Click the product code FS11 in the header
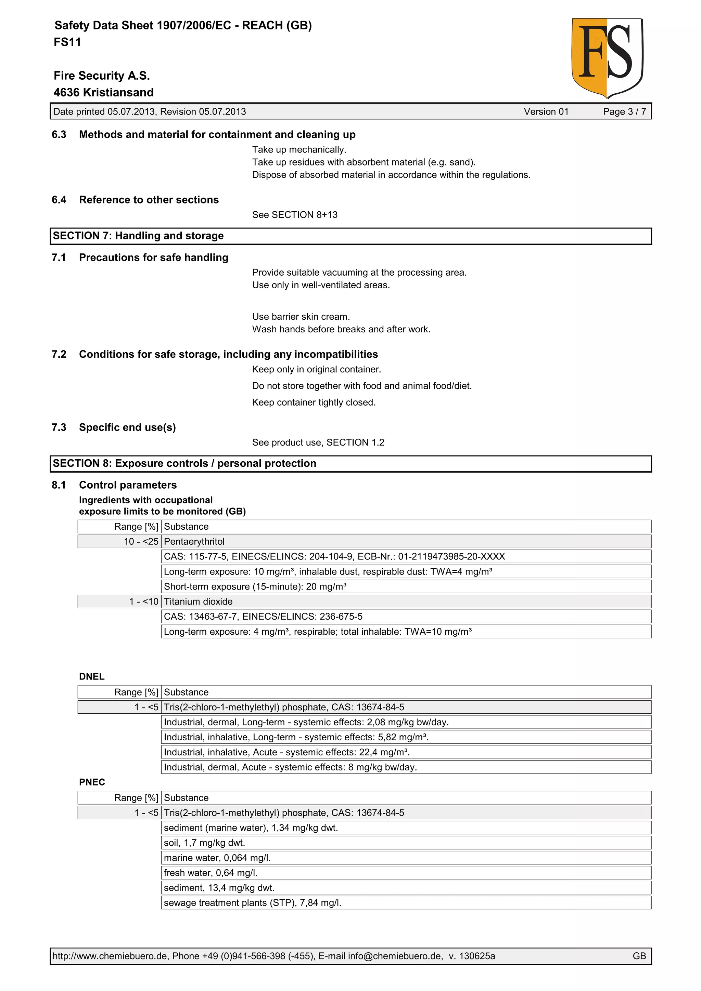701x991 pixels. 67,42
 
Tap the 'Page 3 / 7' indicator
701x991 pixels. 624,112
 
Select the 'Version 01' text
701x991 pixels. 546,112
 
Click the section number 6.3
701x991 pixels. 59,135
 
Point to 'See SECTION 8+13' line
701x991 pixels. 295,215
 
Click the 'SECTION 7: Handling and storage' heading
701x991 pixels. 138,236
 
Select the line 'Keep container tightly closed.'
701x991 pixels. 314,402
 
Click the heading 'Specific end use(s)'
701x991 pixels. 127,427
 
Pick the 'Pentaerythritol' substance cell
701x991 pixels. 194,541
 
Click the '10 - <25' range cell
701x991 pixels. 141,541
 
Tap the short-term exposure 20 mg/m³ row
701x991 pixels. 255,586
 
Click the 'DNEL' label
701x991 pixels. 92,676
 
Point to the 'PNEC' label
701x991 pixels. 92,782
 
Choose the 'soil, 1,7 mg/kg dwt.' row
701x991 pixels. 204,843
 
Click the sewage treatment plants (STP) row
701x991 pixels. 253,902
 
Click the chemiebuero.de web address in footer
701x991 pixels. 110,956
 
